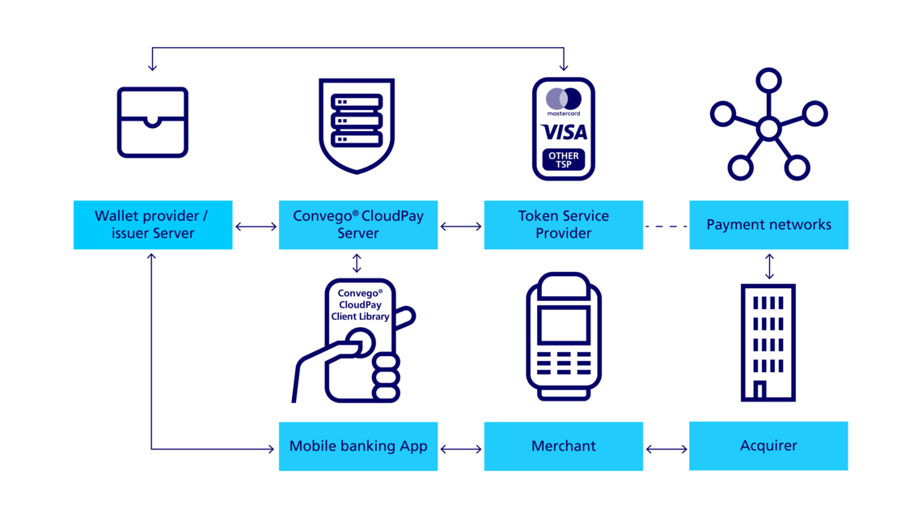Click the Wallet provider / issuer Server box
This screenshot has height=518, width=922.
(x=153, y=225)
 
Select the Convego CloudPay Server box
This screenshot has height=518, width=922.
(x=358, y=225)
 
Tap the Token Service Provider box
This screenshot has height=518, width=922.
(x=564, y=225)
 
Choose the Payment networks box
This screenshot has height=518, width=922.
(x=768, y=225)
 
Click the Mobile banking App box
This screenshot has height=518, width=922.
(x=358, y=446)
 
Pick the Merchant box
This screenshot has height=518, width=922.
(x=564, y=446)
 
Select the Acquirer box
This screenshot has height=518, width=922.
(x=768, y=446)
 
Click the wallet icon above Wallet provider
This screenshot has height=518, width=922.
(x=153, y=122)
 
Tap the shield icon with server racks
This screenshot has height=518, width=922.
(x=357, y=125)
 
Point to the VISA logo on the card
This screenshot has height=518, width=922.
(x=564, y=132)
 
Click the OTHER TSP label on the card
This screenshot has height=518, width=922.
(x=564, y=159)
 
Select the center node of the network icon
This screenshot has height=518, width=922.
(x=768, y=128)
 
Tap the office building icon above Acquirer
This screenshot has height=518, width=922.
(x=768, y=342)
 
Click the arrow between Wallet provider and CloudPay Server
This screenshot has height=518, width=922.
(x=256, y=227)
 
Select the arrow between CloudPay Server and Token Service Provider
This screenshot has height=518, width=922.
(x=461, y=227)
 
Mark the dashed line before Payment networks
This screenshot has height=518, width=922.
(x=666, y=227)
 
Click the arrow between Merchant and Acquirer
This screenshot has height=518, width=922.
(x=666, y=448)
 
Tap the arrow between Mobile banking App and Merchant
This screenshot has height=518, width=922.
(x=461, y=448)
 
